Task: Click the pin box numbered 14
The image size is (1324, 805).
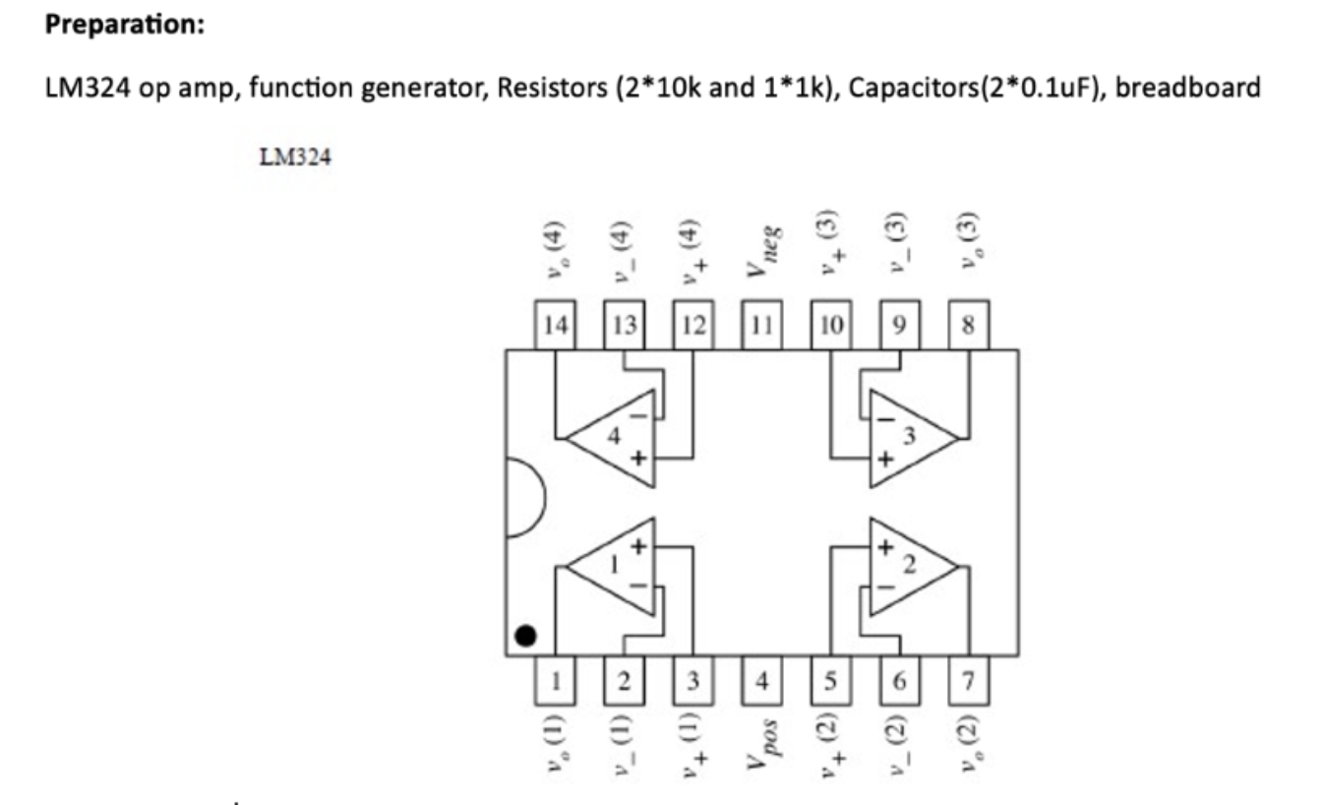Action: [x=556, y=326]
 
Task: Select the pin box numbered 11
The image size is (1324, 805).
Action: [x=761, y=326]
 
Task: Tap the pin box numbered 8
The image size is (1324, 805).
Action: [x=968, y=326]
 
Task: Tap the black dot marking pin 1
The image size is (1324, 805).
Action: [x=526, y=637]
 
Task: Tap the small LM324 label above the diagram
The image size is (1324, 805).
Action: [x=295, y=157]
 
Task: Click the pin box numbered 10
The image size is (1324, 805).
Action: [x=830, y=326]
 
